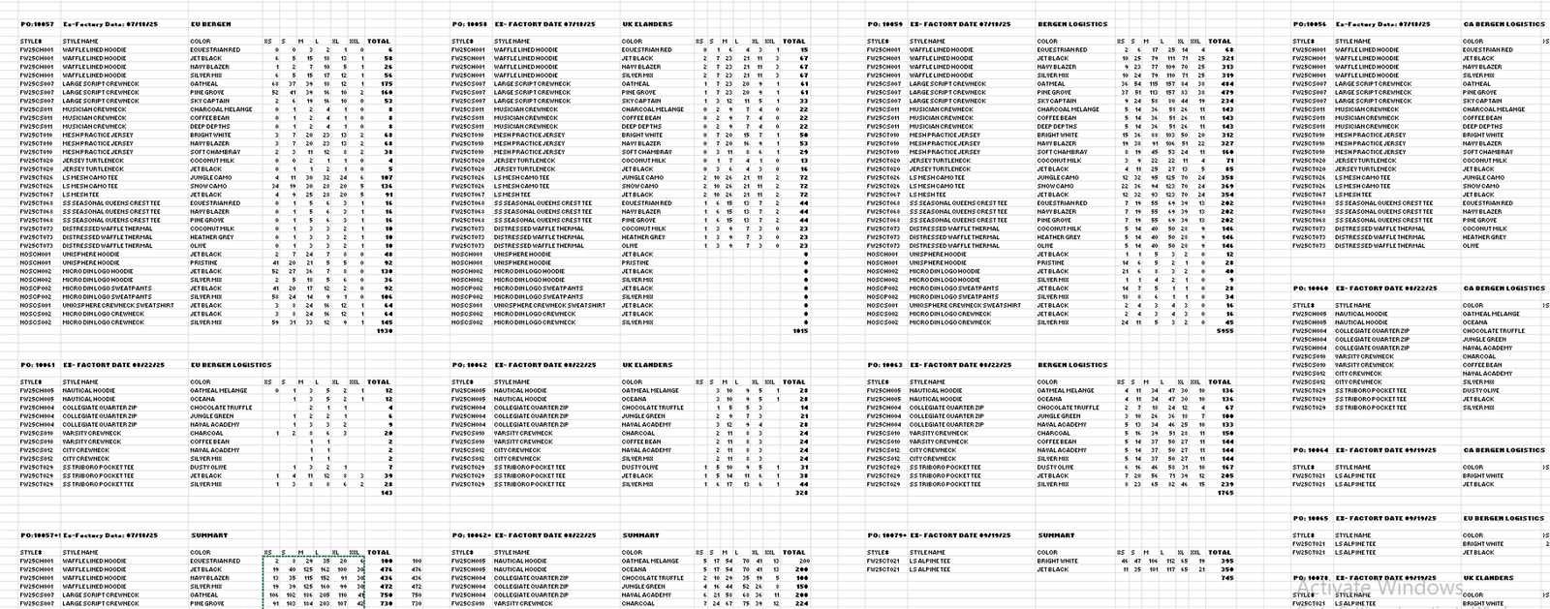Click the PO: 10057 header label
(38, 24)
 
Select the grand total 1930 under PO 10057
(383, 331)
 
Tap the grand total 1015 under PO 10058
(800, 331)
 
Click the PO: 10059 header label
(885, 24)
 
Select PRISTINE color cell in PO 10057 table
(203, 262)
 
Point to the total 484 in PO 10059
(1227, 84)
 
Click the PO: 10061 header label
(38, 366)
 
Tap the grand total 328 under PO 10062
(801, 493)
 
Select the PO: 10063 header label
(885, 366)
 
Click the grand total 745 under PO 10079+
(1227, 578)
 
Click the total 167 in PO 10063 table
(1227, 468)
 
